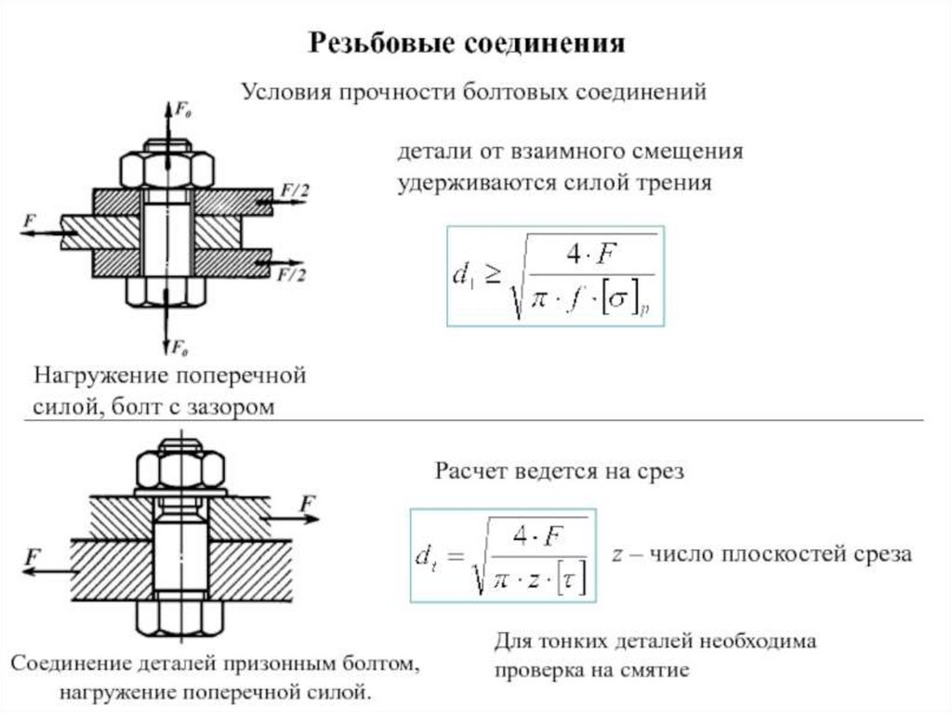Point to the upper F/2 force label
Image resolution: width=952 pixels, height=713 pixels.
click(295, 191)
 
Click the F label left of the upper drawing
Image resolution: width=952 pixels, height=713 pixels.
click(31, 220)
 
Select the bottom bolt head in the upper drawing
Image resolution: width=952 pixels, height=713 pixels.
click(165, 291)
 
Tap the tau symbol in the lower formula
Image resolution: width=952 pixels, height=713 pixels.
click(564, 582)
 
